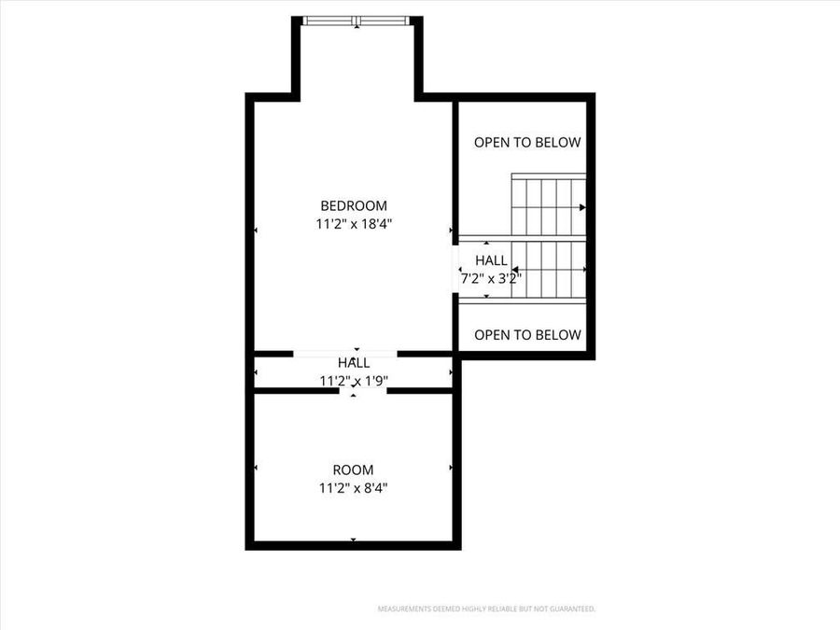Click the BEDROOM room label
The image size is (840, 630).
point(353,206)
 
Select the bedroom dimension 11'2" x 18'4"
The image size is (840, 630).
point(353,224)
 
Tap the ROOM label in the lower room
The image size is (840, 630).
point(353,469)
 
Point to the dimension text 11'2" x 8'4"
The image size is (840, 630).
point(353,487)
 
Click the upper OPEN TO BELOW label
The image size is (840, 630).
point(527,143)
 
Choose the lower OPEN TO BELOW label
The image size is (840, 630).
point(527,335)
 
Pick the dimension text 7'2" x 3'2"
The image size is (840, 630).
point(491,278)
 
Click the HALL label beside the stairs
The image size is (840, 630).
point(491,260)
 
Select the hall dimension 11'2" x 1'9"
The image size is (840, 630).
point(353,381)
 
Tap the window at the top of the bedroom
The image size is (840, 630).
point(357,21)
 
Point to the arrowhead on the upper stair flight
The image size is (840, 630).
point(582,207)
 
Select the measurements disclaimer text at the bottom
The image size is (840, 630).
point(486,609)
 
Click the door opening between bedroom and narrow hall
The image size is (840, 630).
point(345,354)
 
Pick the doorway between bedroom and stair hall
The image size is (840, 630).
point(455,268)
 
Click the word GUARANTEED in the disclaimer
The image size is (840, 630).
point(571,609)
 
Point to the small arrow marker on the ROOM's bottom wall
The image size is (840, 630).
point(353,539)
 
